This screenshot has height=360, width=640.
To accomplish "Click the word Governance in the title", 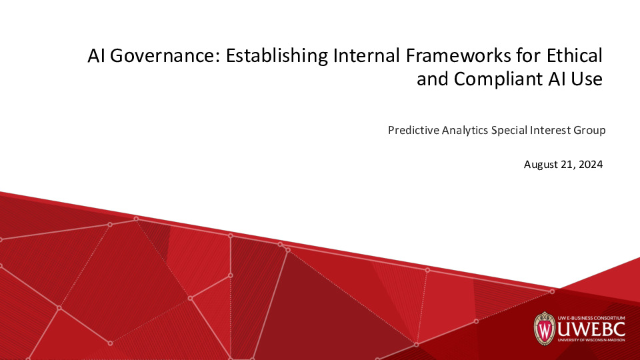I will pos(163,56).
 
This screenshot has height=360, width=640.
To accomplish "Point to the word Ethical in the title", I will pos(573,56).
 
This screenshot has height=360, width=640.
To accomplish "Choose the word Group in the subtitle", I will pos(589,130).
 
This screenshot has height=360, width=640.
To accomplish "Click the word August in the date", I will pos(540,164).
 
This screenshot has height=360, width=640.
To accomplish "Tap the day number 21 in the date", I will pos(567,164).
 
